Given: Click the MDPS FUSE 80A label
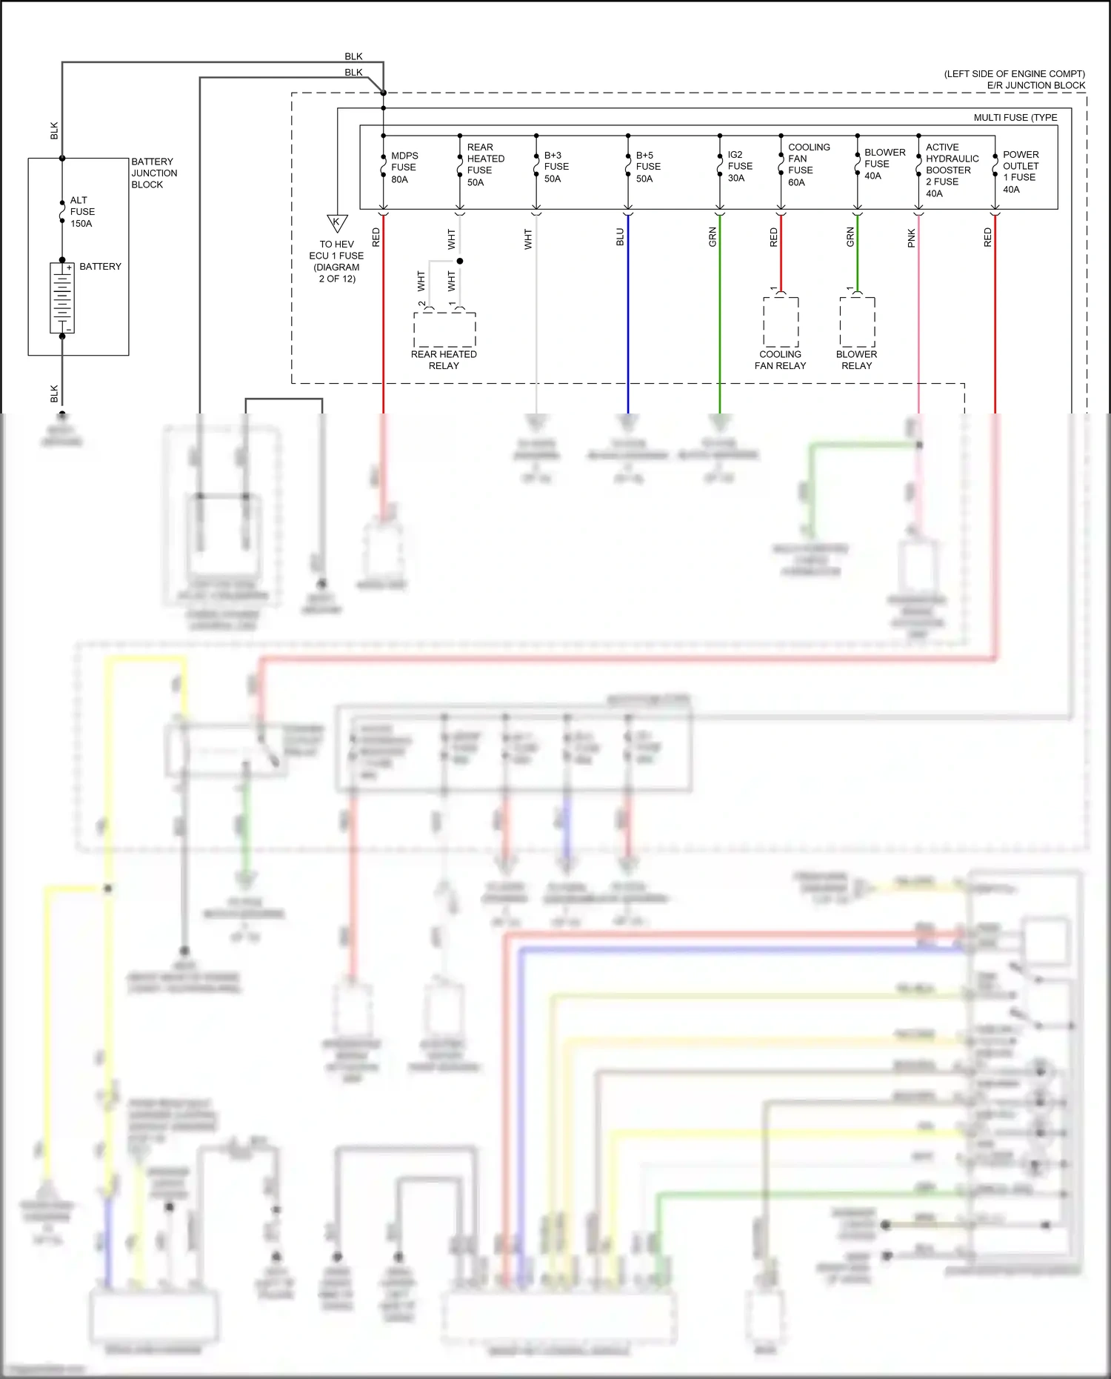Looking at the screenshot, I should pyautogui.click(x=404, y=167).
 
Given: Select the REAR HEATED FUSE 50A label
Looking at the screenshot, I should pyautogui.click(x=485, y=165).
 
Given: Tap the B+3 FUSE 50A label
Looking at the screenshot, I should pyautogui.click(x=556, y=167).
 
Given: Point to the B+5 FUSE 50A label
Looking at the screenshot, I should pyautogui.click(x=648, y=167).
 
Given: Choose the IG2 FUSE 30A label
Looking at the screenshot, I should pyautogui.click(x=739, y=166).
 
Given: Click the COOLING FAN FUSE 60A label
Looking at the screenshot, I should pyautogui.click(x=808, y=165).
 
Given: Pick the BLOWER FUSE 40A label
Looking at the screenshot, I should pyautogui.click(x=884, y=164).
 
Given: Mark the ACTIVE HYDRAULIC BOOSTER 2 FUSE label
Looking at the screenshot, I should pyautogui.click(x=952, y=170).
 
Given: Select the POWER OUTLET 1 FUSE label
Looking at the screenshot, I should pyautogui.click(x=1020, y=171).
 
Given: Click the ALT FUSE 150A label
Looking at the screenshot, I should pyautogui.click(x=82, y=212).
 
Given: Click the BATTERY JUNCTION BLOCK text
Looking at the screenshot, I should pyautogui.click(x=154, y=173).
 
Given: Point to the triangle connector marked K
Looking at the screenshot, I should pyautogui.click(x=337, y=222).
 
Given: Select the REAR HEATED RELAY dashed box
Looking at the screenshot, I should pyautogui.click(x=444, y=330).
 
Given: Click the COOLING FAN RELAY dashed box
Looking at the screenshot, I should pyautogui.click(x=781, y=322).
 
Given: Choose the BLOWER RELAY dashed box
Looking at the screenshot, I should pyautogui.click(x=857, y=322).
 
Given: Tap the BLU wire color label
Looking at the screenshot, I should pyautogui.click(x=620, y=237).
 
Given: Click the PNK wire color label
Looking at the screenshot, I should pyautogui.click(x=911, y=238).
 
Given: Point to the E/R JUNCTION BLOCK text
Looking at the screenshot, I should pyautogui.click(x=1035, y=85).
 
